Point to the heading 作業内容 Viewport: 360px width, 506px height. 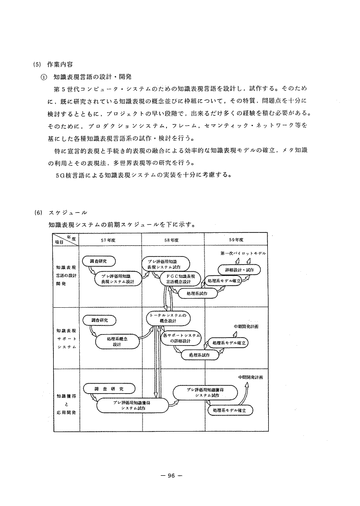point(59,64)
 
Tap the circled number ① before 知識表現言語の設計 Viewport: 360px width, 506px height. point(43,76)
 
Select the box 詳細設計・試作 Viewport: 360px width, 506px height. point(239,270)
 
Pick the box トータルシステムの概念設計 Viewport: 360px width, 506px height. point(168,318)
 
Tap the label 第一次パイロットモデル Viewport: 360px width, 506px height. point(243,253)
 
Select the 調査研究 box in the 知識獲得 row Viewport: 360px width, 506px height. point(109,388)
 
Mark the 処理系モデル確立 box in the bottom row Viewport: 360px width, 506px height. point(229,411)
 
